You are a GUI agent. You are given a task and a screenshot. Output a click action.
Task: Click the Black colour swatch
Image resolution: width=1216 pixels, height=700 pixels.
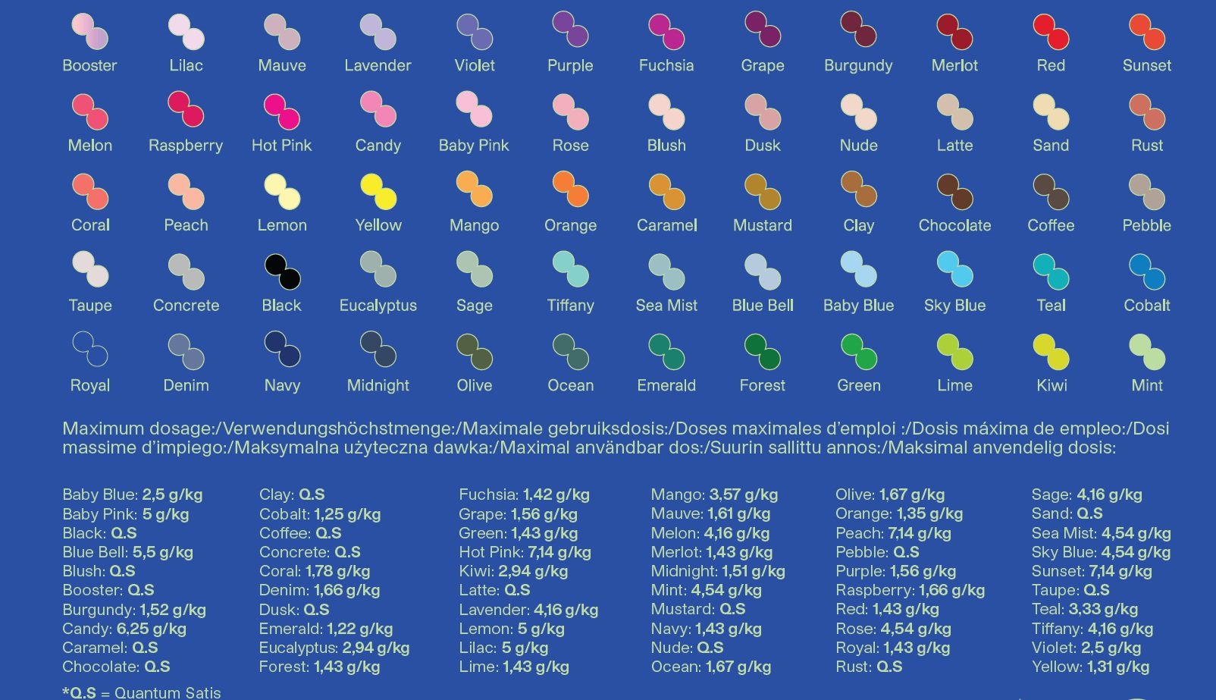pos(282,272)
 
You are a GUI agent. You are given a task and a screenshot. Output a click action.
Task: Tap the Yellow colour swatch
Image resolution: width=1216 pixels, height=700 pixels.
pos(378,192)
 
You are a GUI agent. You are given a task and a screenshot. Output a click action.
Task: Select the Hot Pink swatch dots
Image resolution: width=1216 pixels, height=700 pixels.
pos(282,112)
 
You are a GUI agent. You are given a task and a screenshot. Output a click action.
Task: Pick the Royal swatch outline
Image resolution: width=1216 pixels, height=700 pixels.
pos(90,349)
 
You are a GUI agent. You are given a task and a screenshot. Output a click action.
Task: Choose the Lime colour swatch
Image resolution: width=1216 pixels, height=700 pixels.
pos(955,352)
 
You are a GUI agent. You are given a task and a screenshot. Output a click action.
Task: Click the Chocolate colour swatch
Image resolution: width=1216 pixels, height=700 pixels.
pos(955,192)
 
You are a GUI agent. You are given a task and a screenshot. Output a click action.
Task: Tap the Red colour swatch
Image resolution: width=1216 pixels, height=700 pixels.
pos(1051,32)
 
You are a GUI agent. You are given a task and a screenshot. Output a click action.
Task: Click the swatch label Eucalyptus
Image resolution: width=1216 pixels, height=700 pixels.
pos(378,306)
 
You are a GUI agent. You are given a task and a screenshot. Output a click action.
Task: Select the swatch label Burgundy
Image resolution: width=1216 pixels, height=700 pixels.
pos(858,66)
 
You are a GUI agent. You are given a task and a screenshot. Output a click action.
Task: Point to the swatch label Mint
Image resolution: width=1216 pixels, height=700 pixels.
pos(1146,385)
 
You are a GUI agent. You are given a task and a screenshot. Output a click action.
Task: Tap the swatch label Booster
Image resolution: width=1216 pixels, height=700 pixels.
pos(89,66)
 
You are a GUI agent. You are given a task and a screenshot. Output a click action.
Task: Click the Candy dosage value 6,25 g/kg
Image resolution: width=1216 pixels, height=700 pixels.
pos(152,629)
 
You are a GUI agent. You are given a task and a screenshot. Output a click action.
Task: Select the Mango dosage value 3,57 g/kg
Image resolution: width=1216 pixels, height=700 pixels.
pos(744,494)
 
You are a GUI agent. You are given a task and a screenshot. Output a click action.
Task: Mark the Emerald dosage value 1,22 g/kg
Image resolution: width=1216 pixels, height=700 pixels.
pos(359,629)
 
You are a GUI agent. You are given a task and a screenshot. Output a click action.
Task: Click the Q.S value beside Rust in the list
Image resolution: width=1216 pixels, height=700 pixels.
pos(889,667)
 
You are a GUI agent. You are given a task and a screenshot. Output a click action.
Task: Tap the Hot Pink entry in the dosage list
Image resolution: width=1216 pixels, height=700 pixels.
pos(525,552)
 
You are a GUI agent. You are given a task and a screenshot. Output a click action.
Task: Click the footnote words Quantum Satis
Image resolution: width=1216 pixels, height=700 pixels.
pos(168,693)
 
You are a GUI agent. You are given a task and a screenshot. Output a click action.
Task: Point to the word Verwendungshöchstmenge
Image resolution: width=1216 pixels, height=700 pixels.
pos(337,429)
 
